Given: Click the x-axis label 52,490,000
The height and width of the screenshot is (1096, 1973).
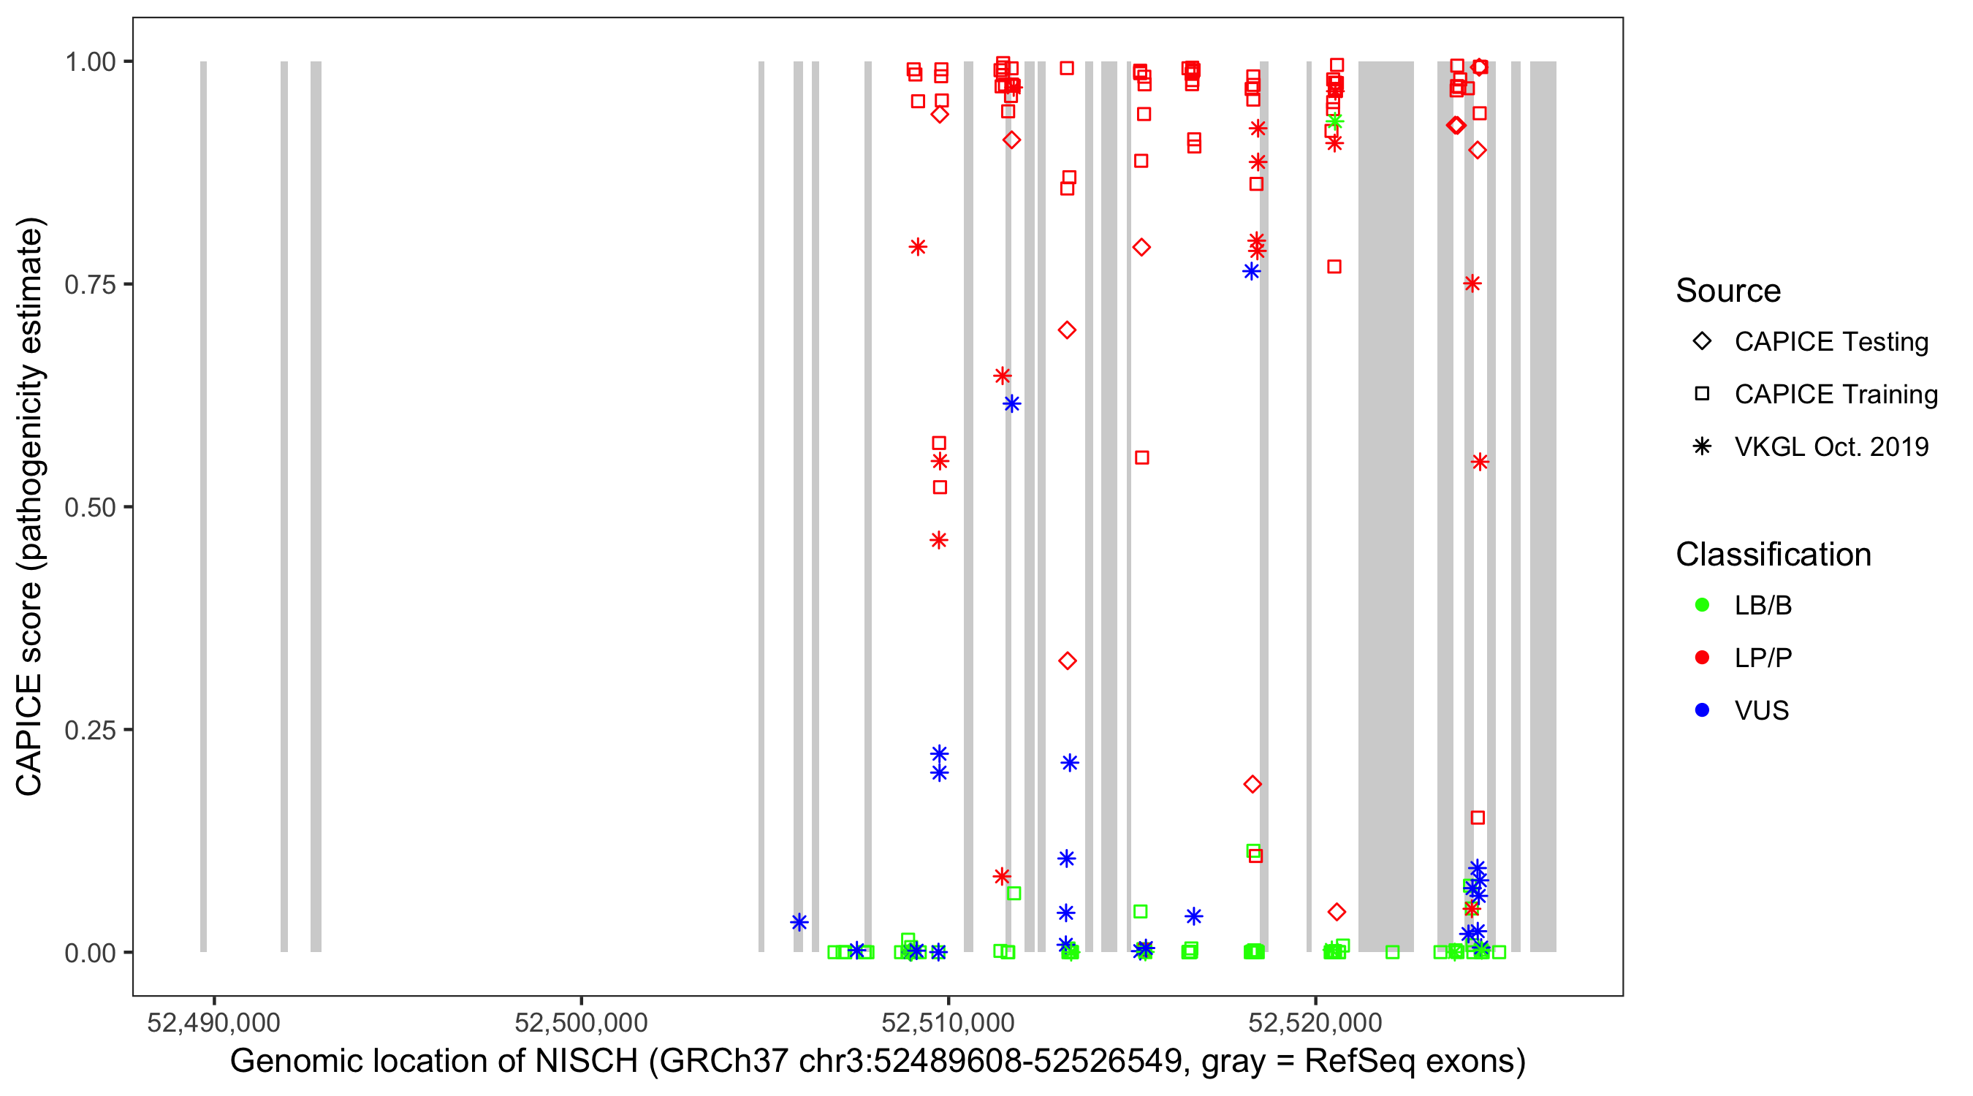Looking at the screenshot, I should tap(213, 1021).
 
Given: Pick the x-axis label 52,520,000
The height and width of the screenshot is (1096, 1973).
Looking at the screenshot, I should tap(1315, 1021).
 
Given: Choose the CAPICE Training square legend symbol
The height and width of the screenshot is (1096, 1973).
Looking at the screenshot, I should tap(1702, 395).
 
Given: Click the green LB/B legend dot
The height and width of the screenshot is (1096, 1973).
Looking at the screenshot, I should tap(1702, 605).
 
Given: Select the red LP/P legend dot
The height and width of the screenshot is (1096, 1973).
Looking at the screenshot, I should tap(1702, 658).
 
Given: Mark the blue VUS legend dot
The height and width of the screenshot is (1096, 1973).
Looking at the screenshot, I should tap(1702, 710).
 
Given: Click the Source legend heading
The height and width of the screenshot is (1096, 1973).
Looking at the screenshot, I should tap(1728, 291).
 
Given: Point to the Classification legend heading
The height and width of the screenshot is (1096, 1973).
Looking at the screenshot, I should tap(1773, 555).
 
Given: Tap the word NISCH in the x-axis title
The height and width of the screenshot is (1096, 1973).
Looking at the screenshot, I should tap(587, 1062).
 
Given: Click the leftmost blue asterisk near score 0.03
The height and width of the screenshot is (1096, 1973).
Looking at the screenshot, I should tap(799, 922).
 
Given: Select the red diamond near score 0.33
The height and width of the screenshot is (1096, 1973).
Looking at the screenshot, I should tap(1067, 661).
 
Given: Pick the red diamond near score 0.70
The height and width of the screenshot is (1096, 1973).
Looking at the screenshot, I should tap(1066, 330).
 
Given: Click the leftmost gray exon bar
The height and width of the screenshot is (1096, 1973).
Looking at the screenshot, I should tap(203, 506).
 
